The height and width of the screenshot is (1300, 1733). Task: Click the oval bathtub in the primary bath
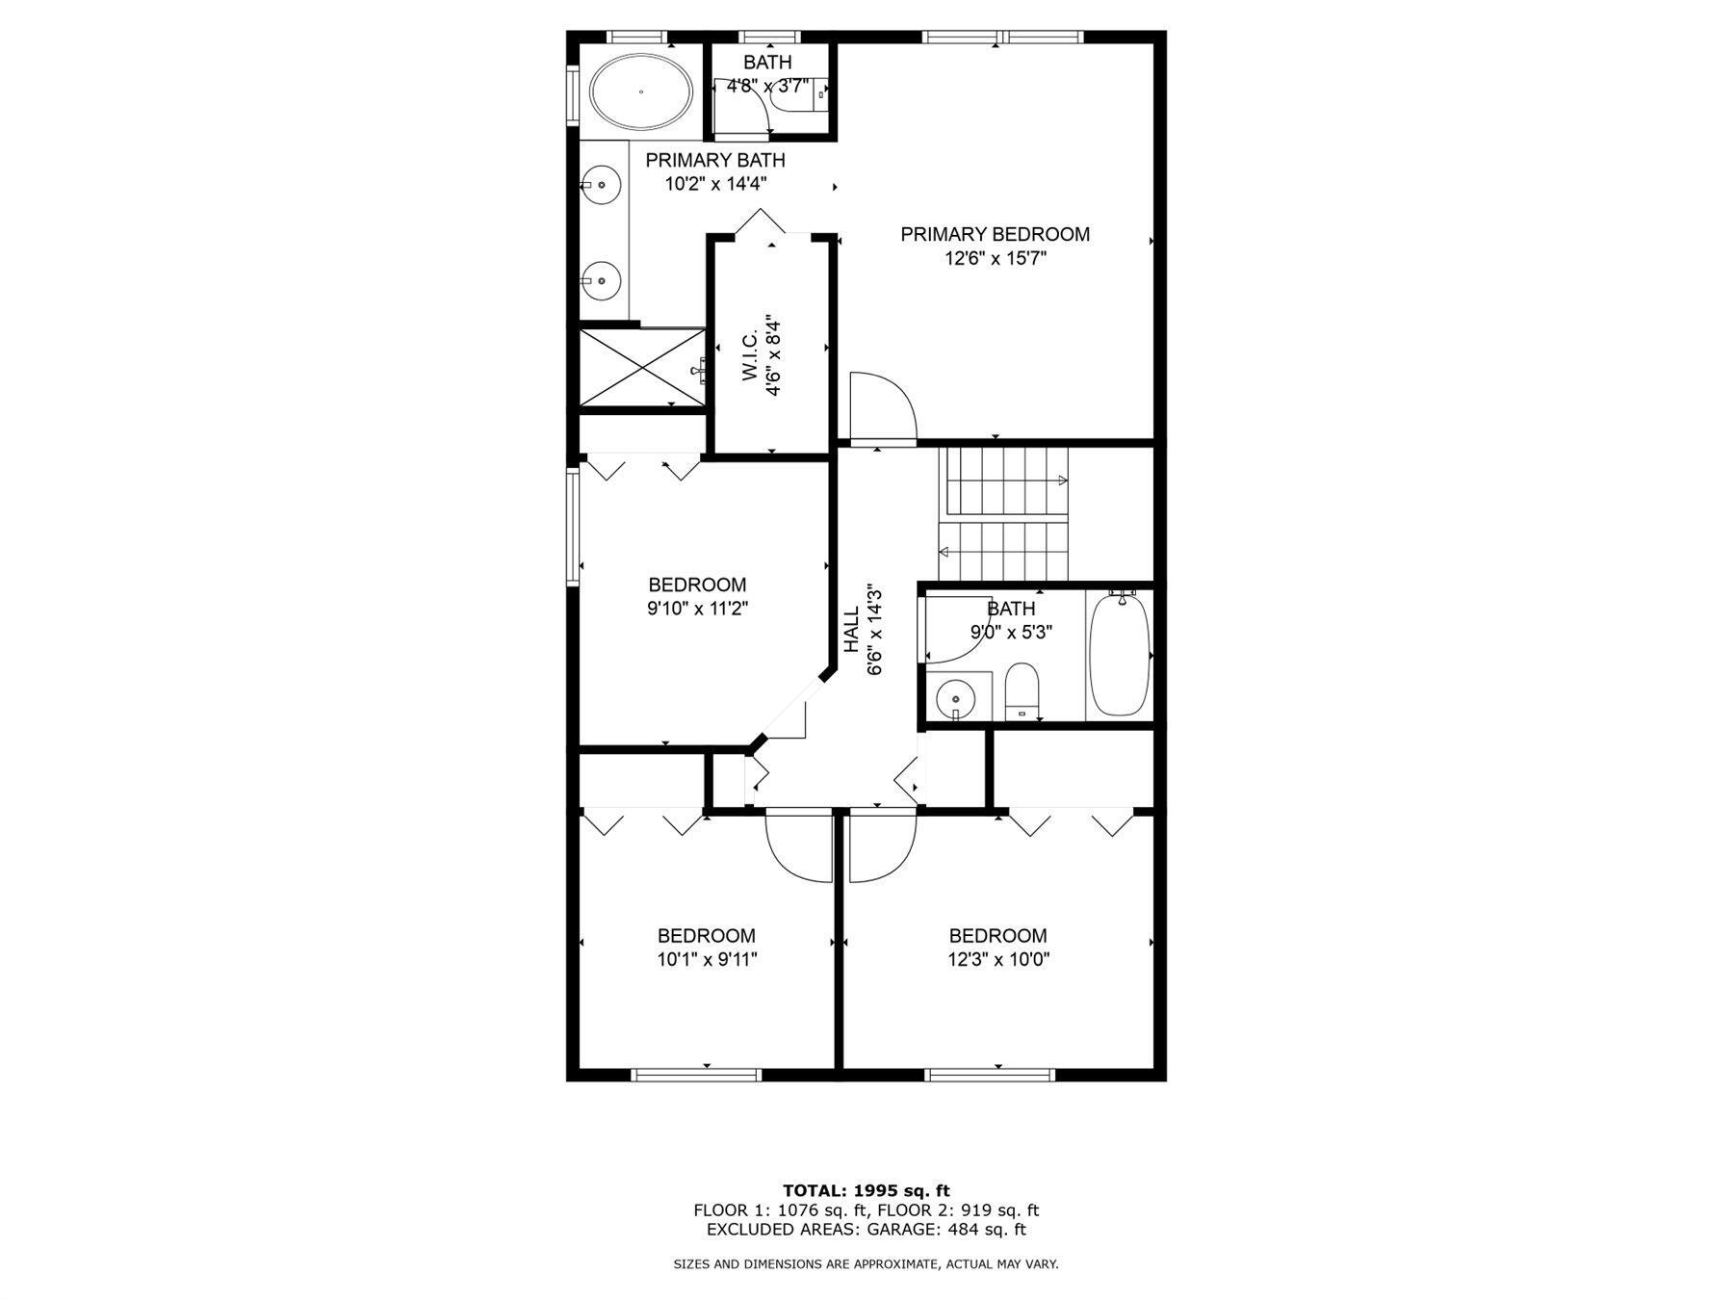(640, 92)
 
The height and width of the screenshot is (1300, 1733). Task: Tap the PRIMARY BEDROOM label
(995, 234)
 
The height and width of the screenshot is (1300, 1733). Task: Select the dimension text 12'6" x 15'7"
(995, 258)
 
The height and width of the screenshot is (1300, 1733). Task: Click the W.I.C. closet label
(751, 358)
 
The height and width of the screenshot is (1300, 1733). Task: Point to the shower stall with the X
(642, 369)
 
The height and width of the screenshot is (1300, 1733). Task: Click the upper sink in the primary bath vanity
(603, 184)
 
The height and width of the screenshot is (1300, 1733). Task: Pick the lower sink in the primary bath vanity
(603, 280)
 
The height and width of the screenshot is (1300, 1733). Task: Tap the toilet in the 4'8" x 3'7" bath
(801, 93)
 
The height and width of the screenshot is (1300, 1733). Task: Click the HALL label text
(852, 630)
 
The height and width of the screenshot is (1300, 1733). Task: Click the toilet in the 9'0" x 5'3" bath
(1022, 689)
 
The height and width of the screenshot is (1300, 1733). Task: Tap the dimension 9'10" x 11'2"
(697, 609)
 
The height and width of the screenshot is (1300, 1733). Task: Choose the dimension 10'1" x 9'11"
(707, 959)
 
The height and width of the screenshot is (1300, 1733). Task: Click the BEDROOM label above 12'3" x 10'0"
(997, 935)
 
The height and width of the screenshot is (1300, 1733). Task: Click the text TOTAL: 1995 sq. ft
(866, 1191)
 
